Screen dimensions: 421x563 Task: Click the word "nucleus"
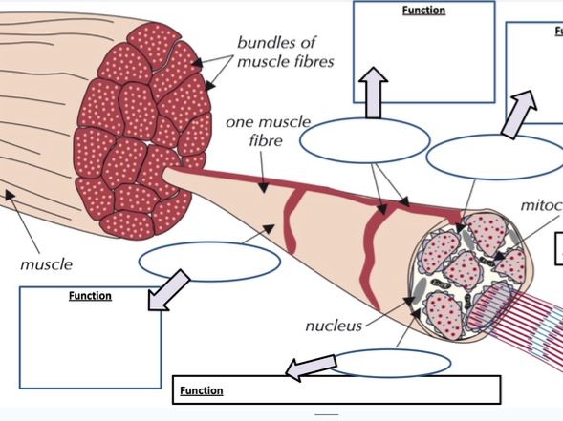pos(334,326)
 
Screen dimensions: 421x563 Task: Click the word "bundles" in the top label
pos(266,43)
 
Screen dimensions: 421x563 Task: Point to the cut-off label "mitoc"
pos(541,205)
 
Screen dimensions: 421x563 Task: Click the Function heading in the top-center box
pos(423,11)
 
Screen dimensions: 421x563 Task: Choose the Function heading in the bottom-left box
pos(90,296)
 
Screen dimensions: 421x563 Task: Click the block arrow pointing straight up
pos(374,93)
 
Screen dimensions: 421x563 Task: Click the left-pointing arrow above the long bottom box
pos(312,366)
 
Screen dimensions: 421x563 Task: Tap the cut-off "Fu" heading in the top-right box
pos(557,31)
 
